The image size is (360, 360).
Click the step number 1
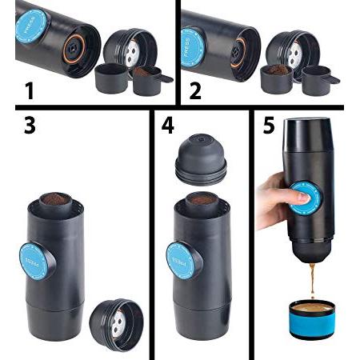tap(30, 91)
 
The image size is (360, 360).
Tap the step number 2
tap(195, 90)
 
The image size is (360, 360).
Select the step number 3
tap(30, 125)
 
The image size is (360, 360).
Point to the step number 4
tap(168, 125)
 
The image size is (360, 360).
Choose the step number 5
tap(269, 125)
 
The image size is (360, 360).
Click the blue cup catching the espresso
tap(311, 319)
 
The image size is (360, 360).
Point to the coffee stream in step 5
tap(312, 281)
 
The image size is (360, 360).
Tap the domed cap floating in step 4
tap(201, 159)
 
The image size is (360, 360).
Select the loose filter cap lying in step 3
tap(117, 325)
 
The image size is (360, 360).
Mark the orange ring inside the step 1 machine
tap(74, 49)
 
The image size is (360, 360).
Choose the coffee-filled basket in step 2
tap(277, 78)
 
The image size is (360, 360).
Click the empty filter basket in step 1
tap(111, 78)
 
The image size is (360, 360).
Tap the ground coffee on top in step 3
tap(56, 198)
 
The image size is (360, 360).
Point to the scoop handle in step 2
tap(331, 78)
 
